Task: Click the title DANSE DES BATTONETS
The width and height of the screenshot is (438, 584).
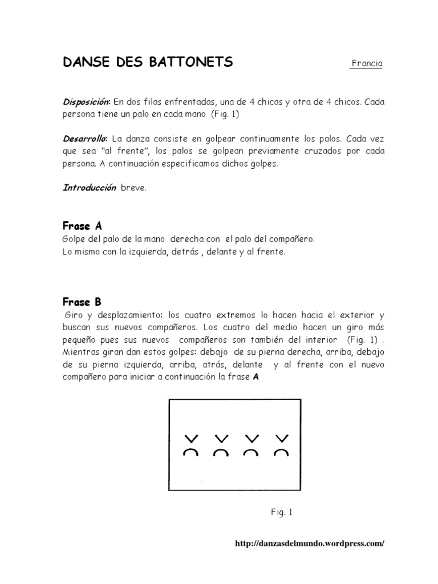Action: click(148, 62)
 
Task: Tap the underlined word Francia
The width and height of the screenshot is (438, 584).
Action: click(366, 63)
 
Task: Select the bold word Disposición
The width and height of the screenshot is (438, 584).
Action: click(87, 102)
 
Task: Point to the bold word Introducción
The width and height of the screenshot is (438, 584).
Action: click(90, 188)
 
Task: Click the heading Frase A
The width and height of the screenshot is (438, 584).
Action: click(82, 226)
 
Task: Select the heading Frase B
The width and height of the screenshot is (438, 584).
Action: click(82, 302)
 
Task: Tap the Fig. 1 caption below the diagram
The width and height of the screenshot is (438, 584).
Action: click(281, 512)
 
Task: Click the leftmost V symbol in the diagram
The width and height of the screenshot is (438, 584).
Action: click(191, 439)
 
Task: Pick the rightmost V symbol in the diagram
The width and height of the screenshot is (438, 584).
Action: click(281, 439)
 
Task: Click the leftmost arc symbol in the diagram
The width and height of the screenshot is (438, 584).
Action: click(191, 453)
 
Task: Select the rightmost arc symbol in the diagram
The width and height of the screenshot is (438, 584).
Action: click(281, 453)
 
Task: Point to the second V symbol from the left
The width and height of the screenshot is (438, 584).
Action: click(221, 439)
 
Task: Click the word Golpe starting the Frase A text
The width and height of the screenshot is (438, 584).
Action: click(75, 238)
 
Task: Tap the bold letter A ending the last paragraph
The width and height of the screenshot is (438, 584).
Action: click(256, 378)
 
